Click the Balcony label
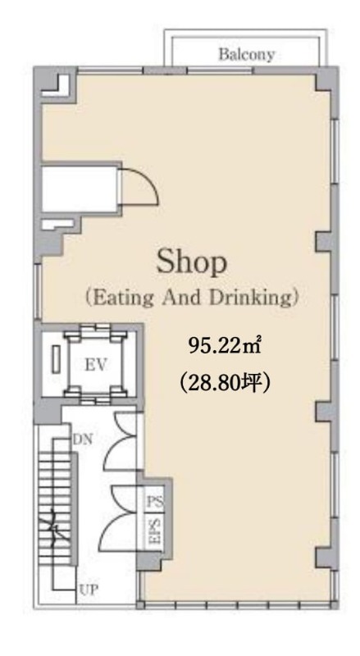pyautogui.click(x=246, y=54)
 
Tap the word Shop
pyautogui.click(x=192, y=262)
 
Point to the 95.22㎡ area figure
pyautogui.click(x=225, y=347)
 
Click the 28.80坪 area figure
pyautogui.click(x=225, y=382)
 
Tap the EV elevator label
pyautogui.click(x=96, y=365)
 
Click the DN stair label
pyautogui.click(x=83, y=440)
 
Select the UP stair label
pyautogui.click(x=89, y=590)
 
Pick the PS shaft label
pyautogui.click(x=155, y=501)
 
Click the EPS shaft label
pyautogui.click(x=155, y=531)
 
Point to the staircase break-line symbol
pyautogui.click(x=55, y=528)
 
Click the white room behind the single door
pyautogui.click(x=80, y=189)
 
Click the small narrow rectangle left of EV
pyautogui.click(x=56, y=359)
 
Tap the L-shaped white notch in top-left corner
pyautogui.click(x=57, y=86)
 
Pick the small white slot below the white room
pyautogui.click(x=57, y=223)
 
